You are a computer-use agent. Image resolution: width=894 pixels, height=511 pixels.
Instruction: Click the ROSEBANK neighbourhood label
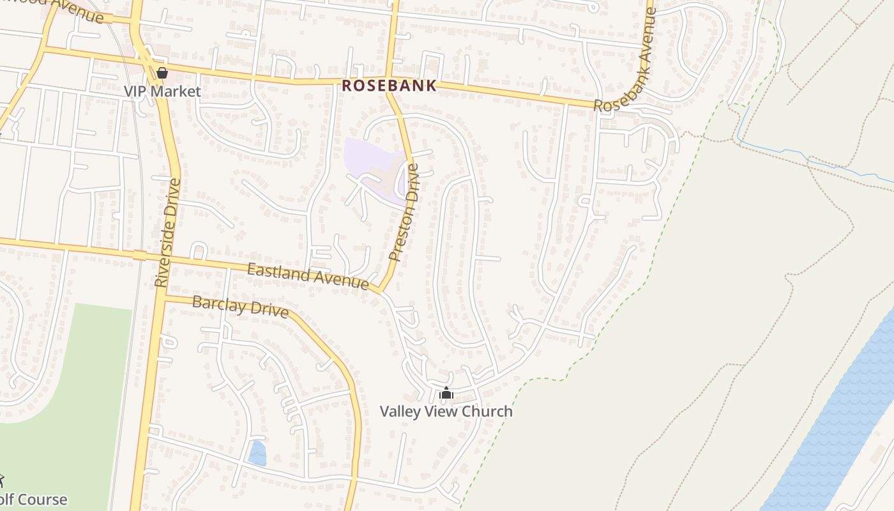click(x=389, y=85)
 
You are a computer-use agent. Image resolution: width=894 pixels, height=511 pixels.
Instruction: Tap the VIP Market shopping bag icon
click(x=162, y=73)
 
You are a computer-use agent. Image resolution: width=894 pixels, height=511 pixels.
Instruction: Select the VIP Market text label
click(x=162, y=91)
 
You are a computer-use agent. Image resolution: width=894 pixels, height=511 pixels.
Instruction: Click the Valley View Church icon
click(x=446, y=393)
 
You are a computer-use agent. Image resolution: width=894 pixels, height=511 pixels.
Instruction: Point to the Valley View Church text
click(x=446, y=411)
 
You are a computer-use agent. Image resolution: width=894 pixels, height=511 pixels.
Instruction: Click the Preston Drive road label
click(x=404, y=212)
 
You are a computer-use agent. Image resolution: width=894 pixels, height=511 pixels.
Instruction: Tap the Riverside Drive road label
click(x=167, y=233)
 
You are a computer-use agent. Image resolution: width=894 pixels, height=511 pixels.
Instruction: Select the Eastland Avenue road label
click(x=308, y=276)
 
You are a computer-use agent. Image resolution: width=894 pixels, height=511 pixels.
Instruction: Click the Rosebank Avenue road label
click(x=626, y=61)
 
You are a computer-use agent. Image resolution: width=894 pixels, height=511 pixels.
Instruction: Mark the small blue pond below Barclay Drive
click(x=257, y=453)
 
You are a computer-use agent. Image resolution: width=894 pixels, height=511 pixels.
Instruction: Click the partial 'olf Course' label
click(x=33, y=500)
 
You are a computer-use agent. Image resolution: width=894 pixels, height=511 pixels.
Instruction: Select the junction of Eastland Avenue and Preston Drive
click(x=381, y=291)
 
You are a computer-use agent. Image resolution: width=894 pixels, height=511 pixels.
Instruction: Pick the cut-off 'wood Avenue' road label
click(x=70, y=9)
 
